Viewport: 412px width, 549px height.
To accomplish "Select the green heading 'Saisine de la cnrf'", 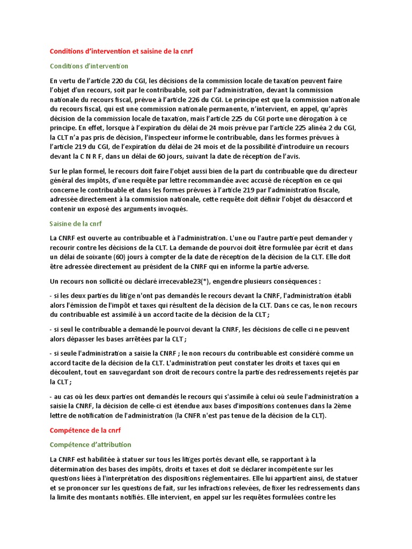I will click(76, 223).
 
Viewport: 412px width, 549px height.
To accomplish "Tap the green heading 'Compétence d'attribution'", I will click(90, 444).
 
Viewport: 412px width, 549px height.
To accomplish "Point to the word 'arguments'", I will click(134, 209).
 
